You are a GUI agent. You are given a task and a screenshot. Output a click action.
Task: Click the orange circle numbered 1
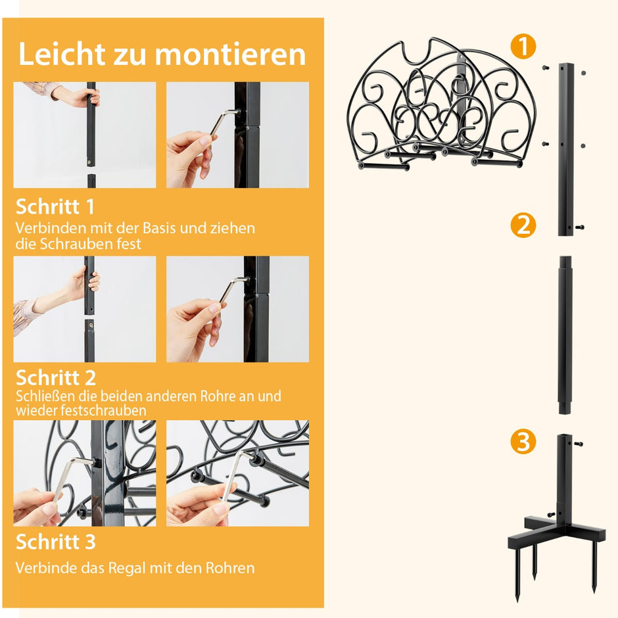523,47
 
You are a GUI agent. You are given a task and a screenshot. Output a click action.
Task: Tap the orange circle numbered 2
523,226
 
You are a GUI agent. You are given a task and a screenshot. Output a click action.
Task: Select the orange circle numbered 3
523,441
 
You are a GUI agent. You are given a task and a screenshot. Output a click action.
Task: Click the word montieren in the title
230,54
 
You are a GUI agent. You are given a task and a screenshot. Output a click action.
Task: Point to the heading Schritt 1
55,206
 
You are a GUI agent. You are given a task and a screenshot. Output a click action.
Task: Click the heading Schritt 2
56,377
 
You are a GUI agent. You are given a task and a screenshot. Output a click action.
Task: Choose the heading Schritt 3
56,542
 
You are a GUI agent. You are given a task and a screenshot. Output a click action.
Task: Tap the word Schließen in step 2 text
46,396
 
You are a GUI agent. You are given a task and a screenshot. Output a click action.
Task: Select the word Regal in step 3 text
126,568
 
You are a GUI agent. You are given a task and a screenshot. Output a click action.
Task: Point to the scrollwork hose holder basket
442,105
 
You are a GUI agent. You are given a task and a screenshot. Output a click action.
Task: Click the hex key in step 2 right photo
233,290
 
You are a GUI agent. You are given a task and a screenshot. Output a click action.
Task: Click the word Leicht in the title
62,54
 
